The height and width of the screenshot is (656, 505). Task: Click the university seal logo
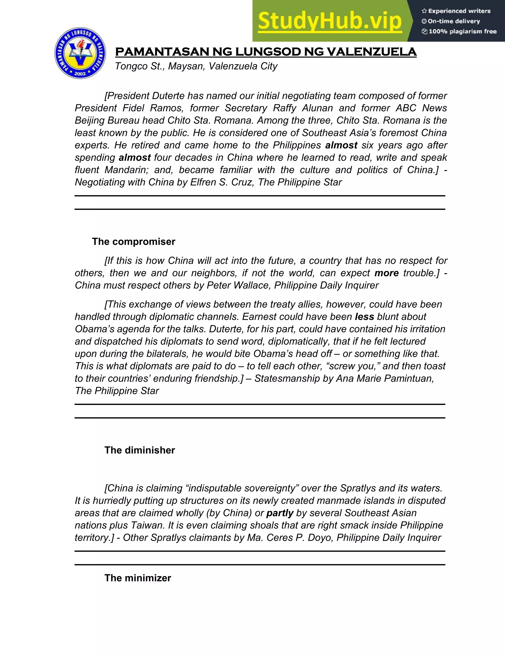coord(80,53)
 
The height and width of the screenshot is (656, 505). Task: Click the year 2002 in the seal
coord(80,73)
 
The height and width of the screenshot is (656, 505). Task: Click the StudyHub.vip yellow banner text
coord(329,21)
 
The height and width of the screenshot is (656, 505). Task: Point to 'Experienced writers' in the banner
coord(459,11)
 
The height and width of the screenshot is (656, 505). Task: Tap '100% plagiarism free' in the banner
coord(462,31)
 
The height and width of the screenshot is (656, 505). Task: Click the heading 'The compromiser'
coord(134,241)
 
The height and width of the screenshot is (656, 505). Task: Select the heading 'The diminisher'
coord(140,450)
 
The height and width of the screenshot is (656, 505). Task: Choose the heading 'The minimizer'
coord(138,577)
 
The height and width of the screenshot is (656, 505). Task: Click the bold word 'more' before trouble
coord(386,273)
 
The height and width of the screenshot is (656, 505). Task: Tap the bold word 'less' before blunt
coord(364,317)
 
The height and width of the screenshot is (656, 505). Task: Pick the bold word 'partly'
coord(280,513)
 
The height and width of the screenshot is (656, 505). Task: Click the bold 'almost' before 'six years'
coord(341,145)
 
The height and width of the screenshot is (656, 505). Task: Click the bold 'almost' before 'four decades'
coord(135,157)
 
